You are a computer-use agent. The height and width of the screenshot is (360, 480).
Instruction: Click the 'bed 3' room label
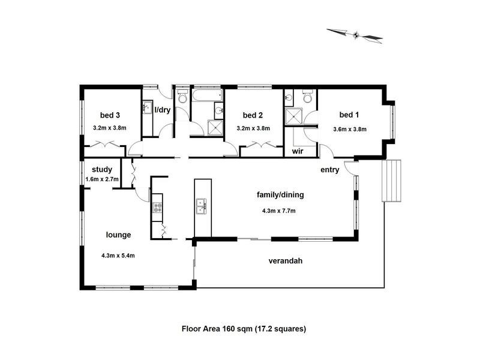(x=110, y=115)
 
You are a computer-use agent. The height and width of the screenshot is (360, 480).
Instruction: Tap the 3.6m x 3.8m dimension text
(x=350, y=128)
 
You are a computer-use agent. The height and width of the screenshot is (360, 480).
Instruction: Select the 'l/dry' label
(x=163, y=110)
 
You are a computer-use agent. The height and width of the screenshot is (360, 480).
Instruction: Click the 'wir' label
(x=297, y=152)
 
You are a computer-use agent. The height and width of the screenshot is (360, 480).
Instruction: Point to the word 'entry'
(x=330, y=170)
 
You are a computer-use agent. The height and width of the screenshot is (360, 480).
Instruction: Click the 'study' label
(x=102, y=170)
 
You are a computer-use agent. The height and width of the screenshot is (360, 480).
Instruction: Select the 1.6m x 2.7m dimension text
(x=102, y=179)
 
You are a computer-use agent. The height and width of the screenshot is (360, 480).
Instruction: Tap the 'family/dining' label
(x=280, y=194)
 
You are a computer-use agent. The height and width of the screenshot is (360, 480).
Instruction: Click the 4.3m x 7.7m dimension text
(x=279, y=211)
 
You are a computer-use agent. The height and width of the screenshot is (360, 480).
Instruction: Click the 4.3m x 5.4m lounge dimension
(x=118, y=256)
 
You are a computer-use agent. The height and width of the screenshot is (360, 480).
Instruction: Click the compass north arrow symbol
(x=355, y=35)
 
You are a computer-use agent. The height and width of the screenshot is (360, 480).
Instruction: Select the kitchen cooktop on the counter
(x=157, y=208)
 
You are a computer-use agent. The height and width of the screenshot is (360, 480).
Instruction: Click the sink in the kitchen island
(x=202, y=208)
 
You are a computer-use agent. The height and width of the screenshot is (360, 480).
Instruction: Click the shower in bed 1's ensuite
(x=294, y=116)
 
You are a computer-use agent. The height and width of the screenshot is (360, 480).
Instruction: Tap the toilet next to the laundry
(x=182, y=97)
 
